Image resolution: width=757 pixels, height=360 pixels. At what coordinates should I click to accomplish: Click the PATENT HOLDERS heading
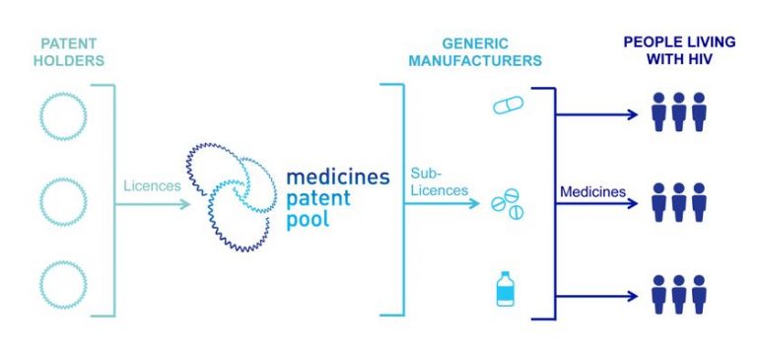coord(72,52)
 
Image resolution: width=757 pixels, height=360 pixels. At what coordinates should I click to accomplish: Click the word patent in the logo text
coord(314,197)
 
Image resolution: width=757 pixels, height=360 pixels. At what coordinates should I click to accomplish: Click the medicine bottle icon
coord(506,289)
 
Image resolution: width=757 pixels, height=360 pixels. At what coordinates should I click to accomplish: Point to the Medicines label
coord(592,191)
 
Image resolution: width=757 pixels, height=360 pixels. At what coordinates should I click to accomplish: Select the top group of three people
coord(679,112)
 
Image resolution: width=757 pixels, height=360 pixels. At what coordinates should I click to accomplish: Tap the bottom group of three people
coord(679,293)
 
